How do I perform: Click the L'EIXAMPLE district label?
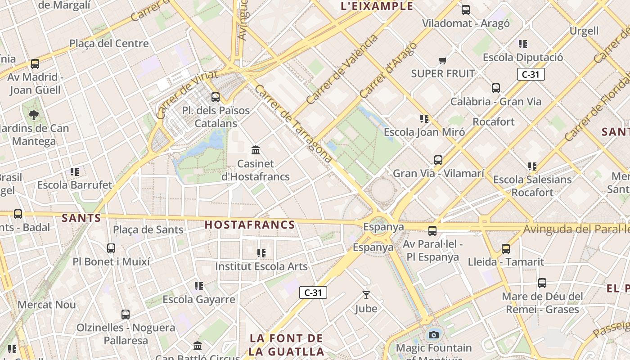pos(377,6)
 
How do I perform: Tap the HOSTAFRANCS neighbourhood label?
pos(250,225)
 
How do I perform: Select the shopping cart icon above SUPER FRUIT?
pos(443,60)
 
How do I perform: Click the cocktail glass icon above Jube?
pos(366,295)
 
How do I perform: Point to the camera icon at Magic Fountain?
pos(433,335)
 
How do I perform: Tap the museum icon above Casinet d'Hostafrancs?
pos(256,150)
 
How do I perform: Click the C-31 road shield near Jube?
pos(313,292)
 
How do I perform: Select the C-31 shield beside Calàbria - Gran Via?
pos(531,74)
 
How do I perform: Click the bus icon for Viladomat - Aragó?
pos(466,9)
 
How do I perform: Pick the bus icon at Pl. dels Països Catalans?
pos(216,97)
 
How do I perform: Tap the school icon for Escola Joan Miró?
pos(424,119)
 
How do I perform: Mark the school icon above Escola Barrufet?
pos(75,171)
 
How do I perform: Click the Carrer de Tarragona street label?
pos(293,123)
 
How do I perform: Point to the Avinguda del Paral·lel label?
pos(576,229)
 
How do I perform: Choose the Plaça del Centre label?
pos(109,44)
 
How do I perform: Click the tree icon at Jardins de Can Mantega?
pos(34,115)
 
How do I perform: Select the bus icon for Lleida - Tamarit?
pos(506,248)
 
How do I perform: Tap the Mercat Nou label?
pos(47,305)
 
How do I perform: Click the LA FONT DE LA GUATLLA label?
pos(287,344)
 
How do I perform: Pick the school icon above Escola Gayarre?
pos(199,286)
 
